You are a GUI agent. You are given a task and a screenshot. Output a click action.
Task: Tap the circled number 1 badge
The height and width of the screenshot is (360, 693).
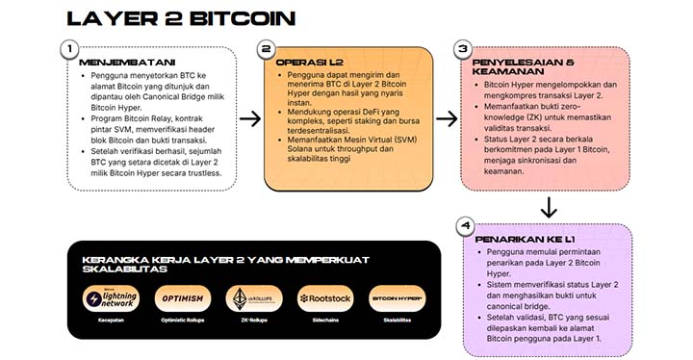coord(68,47)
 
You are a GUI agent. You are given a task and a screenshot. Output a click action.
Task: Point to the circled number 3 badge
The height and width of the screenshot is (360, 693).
coord(463,47)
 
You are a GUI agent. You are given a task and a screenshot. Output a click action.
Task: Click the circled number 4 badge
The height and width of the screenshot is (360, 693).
coord(465,226)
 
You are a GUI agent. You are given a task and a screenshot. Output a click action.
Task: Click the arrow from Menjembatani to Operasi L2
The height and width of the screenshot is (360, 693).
coord(249,118)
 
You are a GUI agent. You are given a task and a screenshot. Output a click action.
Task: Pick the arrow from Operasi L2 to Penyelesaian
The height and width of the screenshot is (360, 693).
coord(446,118)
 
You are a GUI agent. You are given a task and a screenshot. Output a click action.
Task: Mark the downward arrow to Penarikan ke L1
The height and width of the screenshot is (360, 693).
coord(549,207)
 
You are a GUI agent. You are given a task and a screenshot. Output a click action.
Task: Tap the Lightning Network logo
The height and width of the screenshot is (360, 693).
coord(112,298)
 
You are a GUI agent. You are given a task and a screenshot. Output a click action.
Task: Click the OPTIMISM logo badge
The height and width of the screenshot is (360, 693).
coord(183,298)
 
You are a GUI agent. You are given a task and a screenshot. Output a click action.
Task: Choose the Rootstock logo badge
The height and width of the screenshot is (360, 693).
coord(325,298)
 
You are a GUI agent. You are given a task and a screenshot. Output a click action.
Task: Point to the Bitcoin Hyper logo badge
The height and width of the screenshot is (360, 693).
coord(397,298)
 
